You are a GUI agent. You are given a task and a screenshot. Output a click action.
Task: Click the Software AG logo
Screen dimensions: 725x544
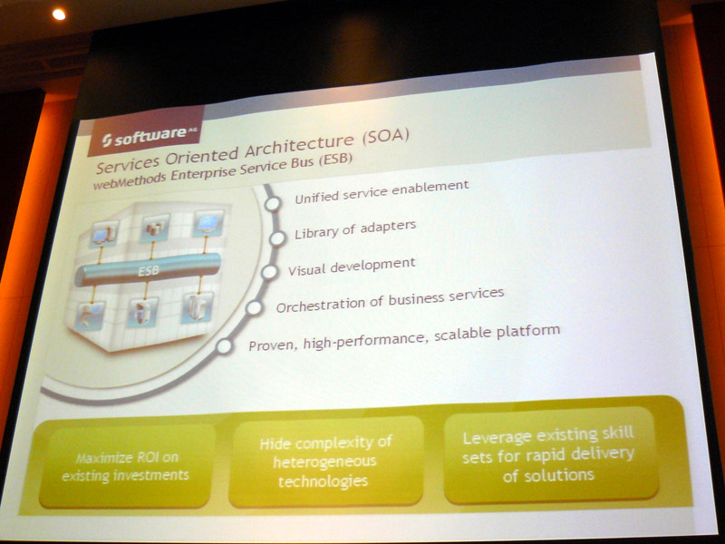(x=146, y=132)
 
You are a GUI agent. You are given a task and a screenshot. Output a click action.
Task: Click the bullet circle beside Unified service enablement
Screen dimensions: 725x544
(x=273, y=203)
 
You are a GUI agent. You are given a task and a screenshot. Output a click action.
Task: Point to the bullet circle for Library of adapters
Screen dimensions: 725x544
(x=277, y=238)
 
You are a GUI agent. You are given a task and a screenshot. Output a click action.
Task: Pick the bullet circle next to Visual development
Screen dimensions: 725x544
(x=269, y=273)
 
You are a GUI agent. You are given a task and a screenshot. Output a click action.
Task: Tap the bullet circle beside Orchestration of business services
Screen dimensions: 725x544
(x=254, y=307)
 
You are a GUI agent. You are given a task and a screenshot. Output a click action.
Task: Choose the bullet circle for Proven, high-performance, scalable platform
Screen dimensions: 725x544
(x=224, y=346)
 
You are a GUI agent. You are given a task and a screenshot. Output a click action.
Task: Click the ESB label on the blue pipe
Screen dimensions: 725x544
(x=149, y=270)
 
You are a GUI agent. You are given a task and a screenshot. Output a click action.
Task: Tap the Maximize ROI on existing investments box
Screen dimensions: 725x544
(x=126, y=466)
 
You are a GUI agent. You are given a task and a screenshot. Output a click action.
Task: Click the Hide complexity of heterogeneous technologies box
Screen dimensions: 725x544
(x=325, y=461)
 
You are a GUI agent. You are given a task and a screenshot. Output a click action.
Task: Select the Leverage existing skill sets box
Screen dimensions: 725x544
(x=550, y=455)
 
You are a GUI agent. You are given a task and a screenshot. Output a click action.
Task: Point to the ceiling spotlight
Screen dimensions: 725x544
(x=59, y=15)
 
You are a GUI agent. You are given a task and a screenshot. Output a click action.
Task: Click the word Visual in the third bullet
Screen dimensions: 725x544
(x=306, y=268)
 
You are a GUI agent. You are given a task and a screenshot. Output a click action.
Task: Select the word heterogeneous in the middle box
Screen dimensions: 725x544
(x=324, y=461)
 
